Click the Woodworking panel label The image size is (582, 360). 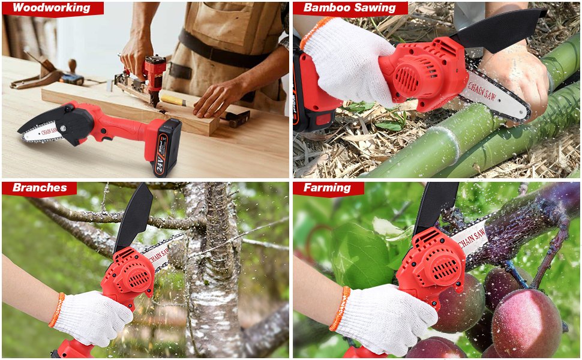coord(52,8)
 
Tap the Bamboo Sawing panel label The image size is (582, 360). coord(350,8)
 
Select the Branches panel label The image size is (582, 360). coord(40,187)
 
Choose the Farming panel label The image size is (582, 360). coord(327,187)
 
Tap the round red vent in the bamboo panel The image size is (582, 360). coord(407,79)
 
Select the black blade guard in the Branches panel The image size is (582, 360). coord(134,217)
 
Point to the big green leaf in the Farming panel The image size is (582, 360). coord(362,256)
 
